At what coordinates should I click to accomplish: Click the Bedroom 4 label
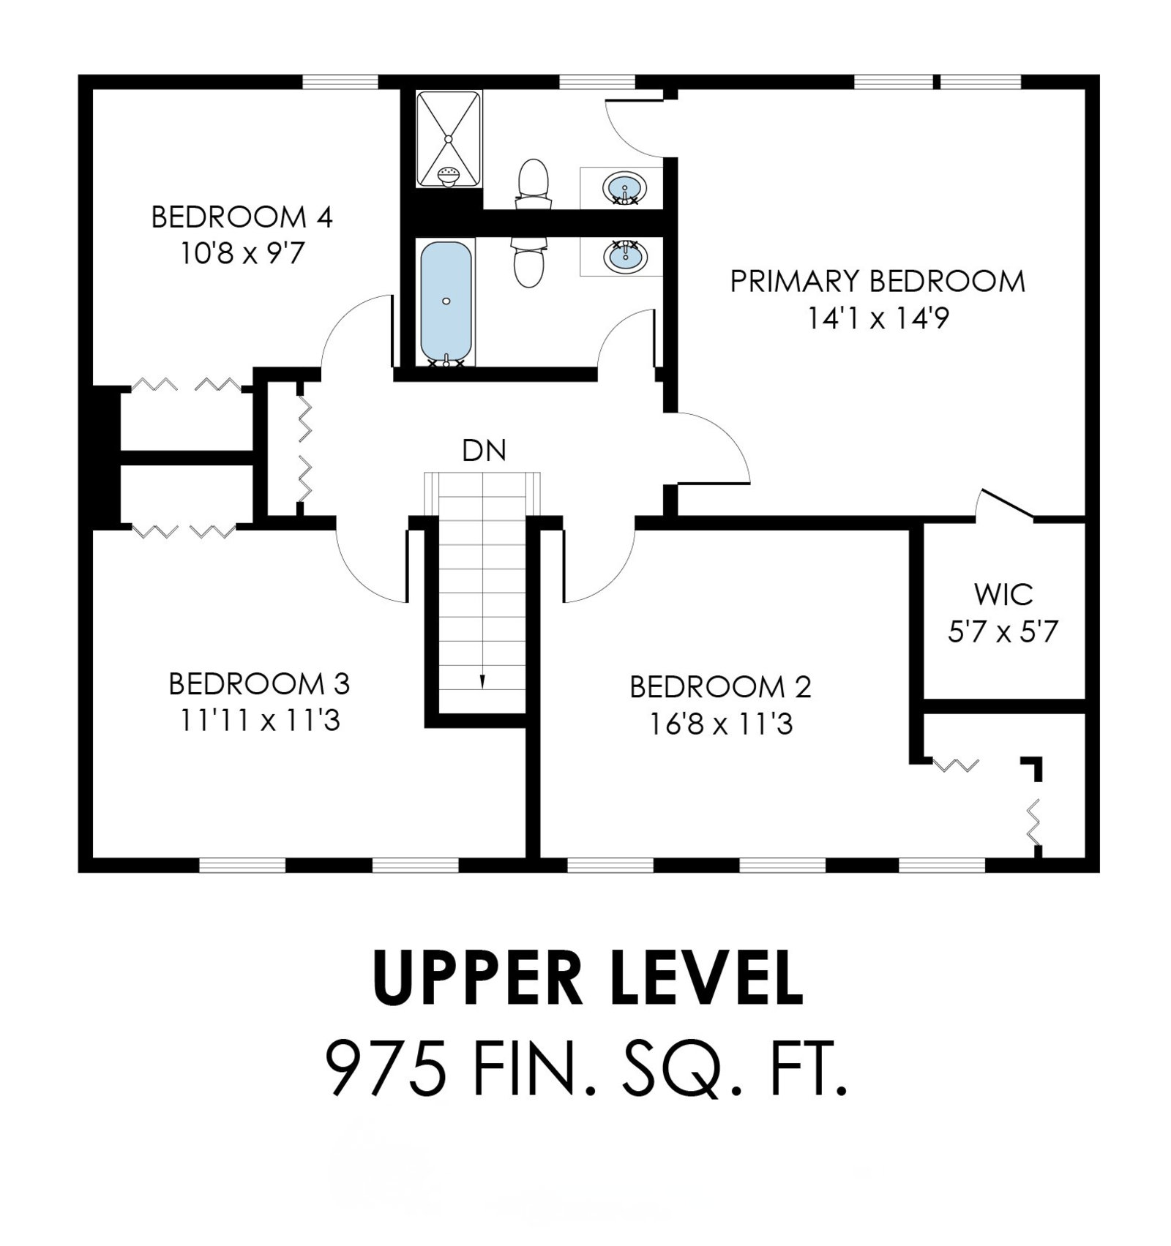[242, 217]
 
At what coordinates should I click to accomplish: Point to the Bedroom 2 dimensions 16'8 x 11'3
[720, 724]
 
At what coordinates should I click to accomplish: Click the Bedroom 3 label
[259, 684]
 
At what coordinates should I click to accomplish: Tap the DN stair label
[484, 451]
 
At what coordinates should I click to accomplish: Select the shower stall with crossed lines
[449, 139]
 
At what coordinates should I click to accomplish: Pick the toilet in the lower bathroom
[529, 262]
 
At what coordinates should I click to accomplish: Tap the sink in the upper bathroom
[624, 188]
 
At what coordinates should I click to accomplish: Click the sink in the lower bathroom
[625, 256]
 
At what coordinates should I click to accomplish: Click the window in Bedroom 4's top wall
[340, 81]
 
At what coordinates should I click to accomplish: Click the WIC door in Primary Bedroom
[1007, 505]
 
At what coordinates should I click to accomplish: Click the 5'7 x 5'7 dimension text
[1003, 631]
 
